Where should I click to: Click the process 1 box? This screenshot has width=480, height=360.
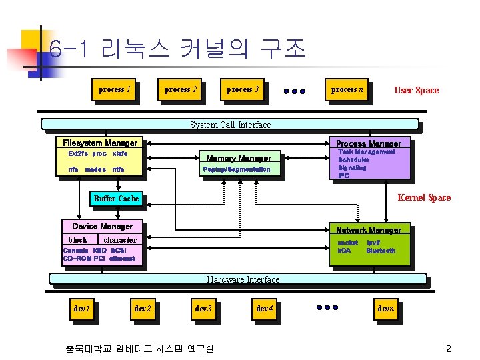(114, 89)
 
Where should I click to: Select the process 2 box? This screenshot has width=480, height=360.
(181, 89)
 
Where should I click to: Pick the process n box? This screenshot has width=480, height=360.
(347, 89)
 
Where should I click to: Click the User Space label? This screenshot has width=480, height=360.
(416, 90)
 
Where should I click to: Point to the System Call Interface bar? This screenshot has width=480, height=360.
(230, 125)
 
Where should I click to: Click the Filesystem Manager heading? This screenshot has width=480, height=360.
(100, 143)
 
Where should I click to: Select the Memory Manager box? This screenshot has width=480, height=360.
(238, 158)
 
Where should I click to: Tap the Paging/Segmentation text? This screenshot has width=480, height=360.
(238, 170)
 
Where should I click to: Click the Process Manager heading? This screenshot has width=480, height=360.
(368, 143)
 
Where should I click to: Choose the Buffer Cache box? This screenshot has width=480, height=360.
(116, 198)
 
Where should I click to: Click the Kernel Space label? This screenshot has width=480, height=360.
(424, 197)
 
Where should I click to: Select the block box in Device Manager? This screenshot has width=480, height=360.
(78, 239)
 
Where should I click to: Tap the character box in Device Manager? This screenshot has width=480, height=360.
(120, 239)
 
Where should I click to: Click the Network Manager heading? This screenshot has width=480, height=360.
(368, 230)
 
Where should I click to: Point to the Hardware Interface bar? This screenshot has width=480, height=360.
(243, 279)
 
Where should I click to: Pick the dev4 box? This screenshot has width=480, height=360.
(265, 309)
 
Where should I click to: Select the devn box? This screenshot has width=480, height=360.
(386, 309)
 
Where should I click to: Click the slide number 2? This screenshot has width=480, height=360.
(449, 349)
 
